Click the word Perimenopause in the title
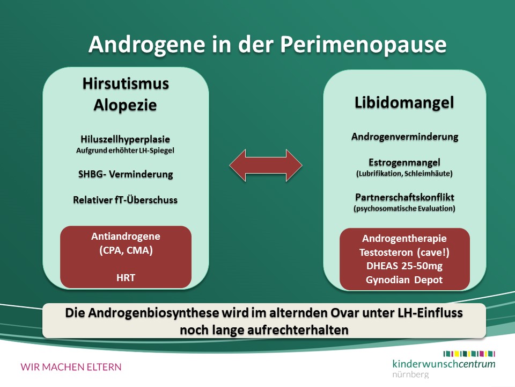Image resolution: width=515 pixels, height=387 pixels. [363, 45]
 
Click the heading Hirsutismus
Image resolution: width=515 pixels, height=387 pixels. [126, 84]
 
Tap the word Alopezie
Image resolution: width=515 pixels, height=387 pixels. [125, 105]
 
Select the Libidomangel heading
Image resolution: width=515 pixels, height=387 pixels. [404, 103]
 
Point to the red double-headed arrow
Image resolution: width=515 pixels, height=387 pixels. [266, 165]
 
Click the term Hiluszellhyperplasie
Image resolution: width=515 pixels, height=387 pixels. [125, 139]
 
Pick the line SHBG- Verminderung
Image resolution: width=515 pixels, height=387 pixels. [126, 174]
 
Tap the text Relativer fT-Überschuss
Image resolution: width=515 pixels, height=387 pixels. [125, 200]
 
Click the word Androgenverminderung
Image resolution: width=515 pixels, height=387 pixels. [404, 137]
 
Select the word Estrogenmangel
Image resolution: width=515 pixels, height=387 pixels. [404, 162]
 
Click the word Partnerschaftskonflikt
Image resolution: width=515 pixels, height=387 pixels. [404, 197]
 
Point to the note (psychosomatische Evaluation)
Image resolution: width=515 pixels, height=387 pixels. [404, 209]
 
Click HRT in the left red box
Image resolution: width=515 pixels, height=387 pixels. [126, 278]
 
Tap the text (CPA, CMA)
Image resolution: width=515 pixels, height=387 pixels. [126, 251]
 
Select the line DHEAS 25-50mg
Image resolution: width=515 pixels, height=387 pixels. [404, 266]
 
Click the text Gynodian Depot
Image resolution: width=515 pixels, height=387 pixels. [404, 280]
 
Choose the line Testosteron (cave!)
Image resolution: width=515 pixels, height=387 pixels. [404, 253]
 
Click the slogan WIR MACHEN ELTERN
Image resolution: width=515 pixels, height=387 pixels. [71, 367]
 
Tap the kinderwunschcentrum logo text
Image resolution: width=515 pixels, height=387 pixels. [444, 364]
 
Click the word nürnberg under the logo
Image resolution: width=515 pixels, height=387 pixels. [410, 375]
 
